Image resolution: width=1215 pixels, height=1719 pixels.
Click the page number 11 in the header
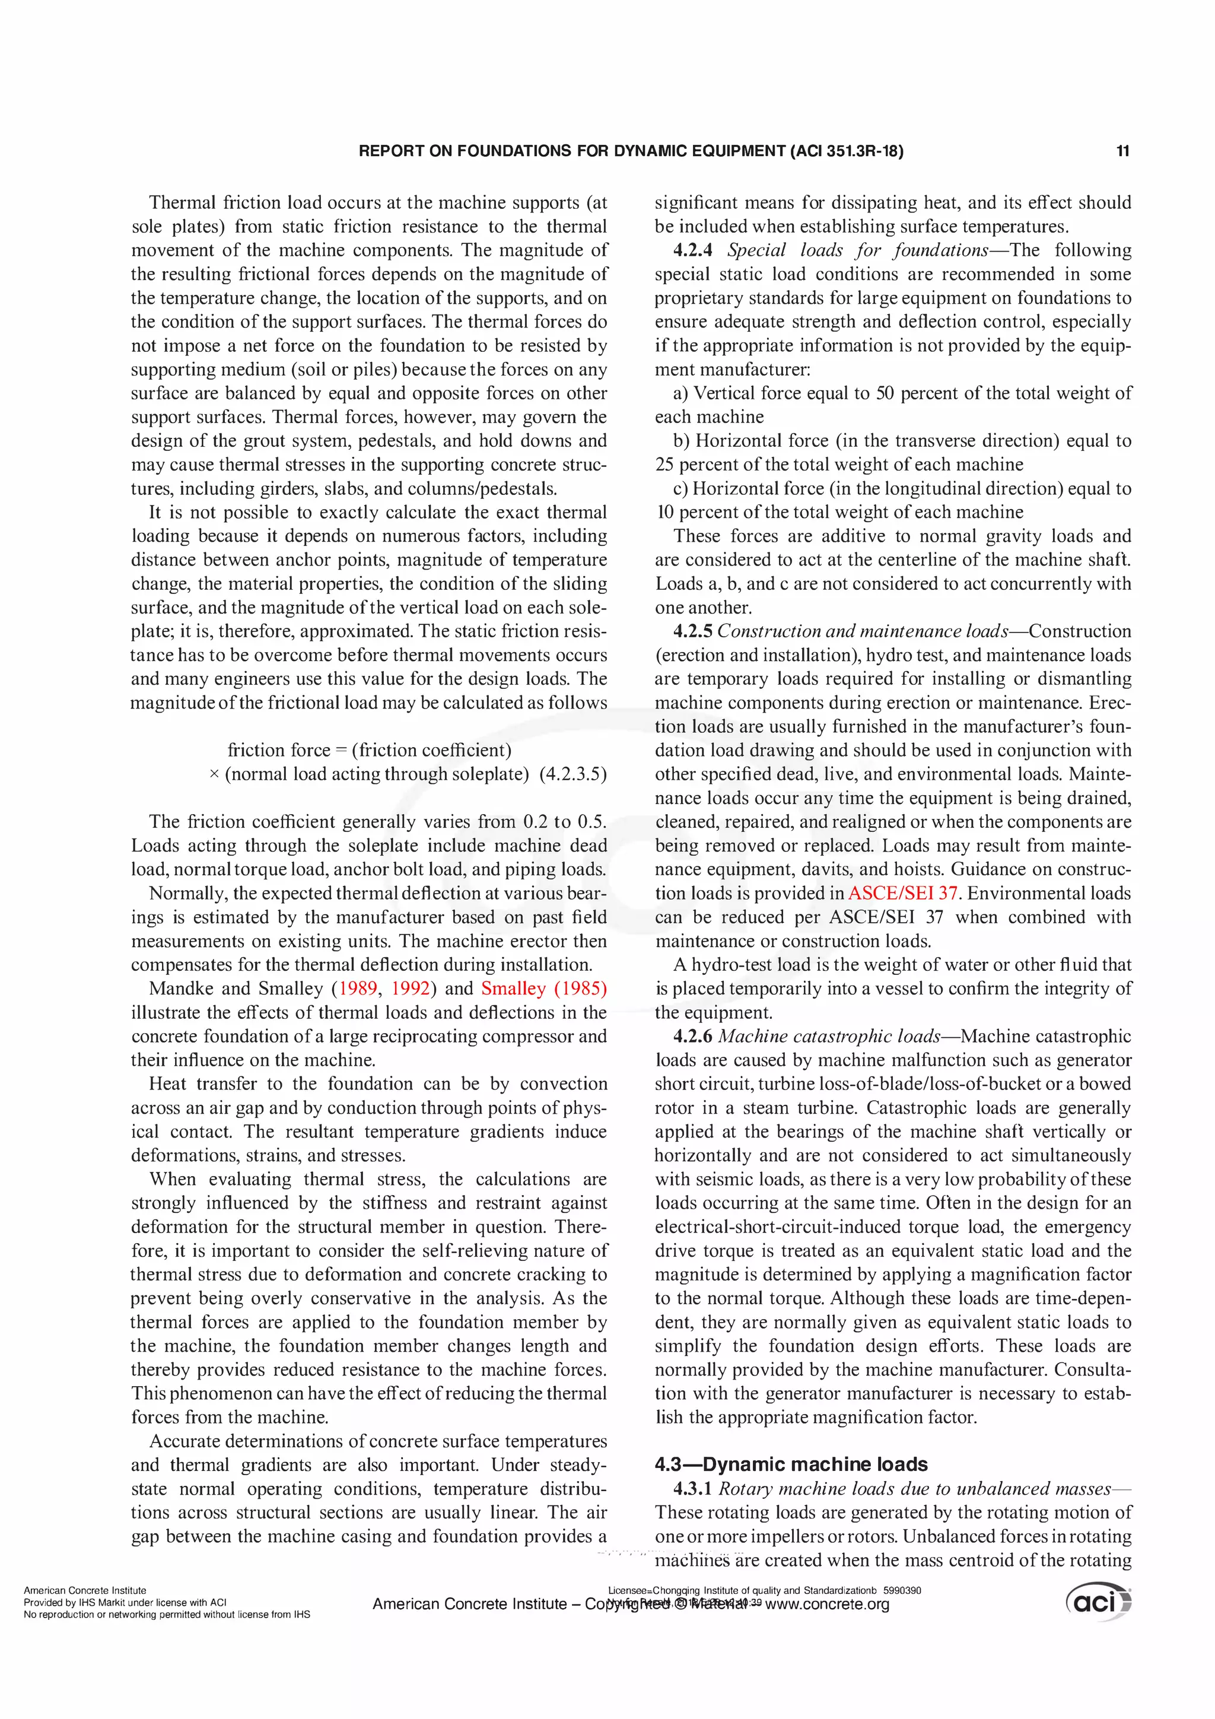1122,151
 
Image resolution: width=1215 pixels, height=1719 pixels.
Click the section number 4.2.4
692,250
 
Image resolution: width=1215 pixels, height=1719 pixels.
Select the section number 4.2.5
692,631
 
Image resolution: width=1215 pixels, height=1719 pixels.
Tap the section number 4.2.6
692,1036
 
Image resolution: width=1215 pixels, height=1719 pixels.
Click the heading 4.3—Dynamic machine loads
791,1464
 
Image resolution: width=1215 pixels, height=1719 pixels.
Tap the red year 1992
410,989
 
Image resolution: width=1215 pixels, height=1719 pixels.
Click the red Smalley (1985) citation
543,989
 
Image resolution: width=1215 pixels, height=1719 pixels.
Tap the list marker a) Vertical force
681,393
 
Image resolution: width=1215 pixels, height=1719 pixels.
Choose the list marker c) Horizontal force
680,488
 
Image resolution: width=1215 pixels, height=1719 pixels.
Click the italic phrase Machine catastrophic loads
829,1036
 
